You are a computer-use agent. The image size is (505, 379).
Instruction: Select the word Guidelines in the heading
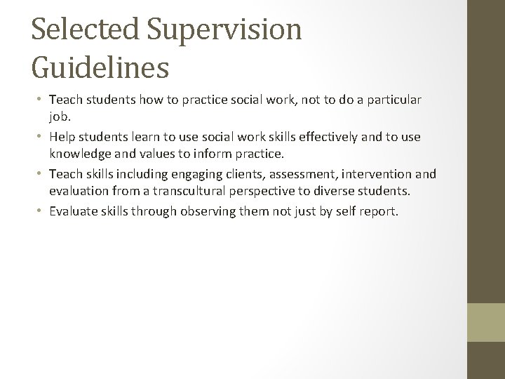[100, 67]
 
